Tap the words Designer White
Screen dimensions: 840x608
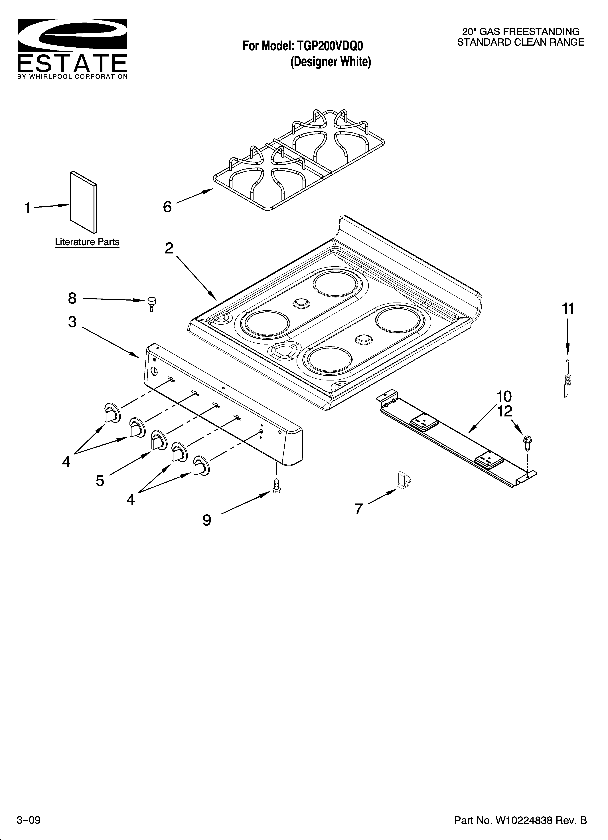330,62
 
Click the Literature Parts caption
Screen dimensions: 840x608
87,242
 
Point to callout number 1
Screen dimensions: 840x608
27,208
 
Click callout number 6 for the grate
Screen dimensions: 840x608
167,207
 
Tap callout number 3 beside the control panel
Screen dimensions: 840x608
72,322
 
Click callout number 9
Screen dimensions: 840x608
207,520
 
